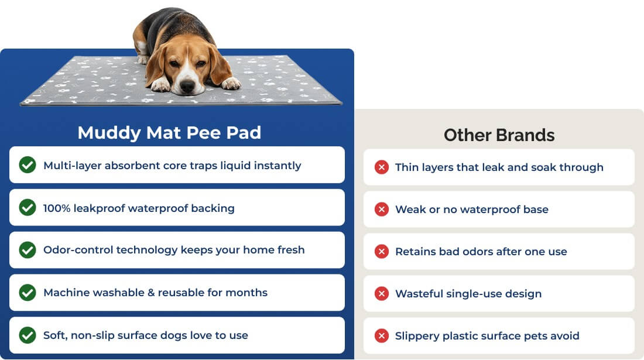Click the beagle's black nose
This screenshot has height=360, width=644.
[x=187, y=86]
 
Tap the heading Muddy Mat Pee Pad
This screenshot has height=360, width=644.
[x=169, y=133]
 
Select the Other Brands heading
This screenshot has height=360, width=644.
[x=499, y=135]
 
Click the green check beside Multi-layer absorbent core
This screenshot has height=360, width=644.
[x=28, y=164]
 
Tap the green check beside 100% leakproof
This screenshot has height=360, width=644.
[x=28, y=207]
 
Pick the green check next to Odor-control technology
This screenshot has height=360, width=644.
[x=28, y=249]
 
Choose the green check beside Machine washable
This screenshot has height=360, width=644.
[x=28, y=292]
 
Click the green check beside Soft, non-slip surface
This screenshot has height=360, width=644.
[x=28, y=335]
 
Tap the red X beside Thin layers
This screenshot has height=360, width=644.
[x=382, y=167]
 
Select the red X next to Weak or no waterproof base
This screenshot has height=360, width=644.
[x=382, y=210]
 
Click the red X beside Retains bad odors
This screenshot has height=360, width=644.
[x=382, y=251]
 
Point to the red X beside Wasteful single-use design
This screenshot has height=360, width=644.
[x=382, y=293]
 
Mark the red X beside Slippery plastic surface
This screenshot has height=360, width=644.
[x=382, y=336]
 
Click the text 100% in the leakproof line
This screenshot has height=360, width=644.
[x=57, y=208]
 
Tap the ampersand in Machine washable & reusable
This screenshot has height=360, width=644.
[x=151, y=293]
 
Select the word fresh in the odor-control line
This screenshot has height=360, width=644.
[x=291, y=249]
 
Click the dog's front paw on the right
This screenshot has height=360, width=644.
[x=231, y=83]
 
